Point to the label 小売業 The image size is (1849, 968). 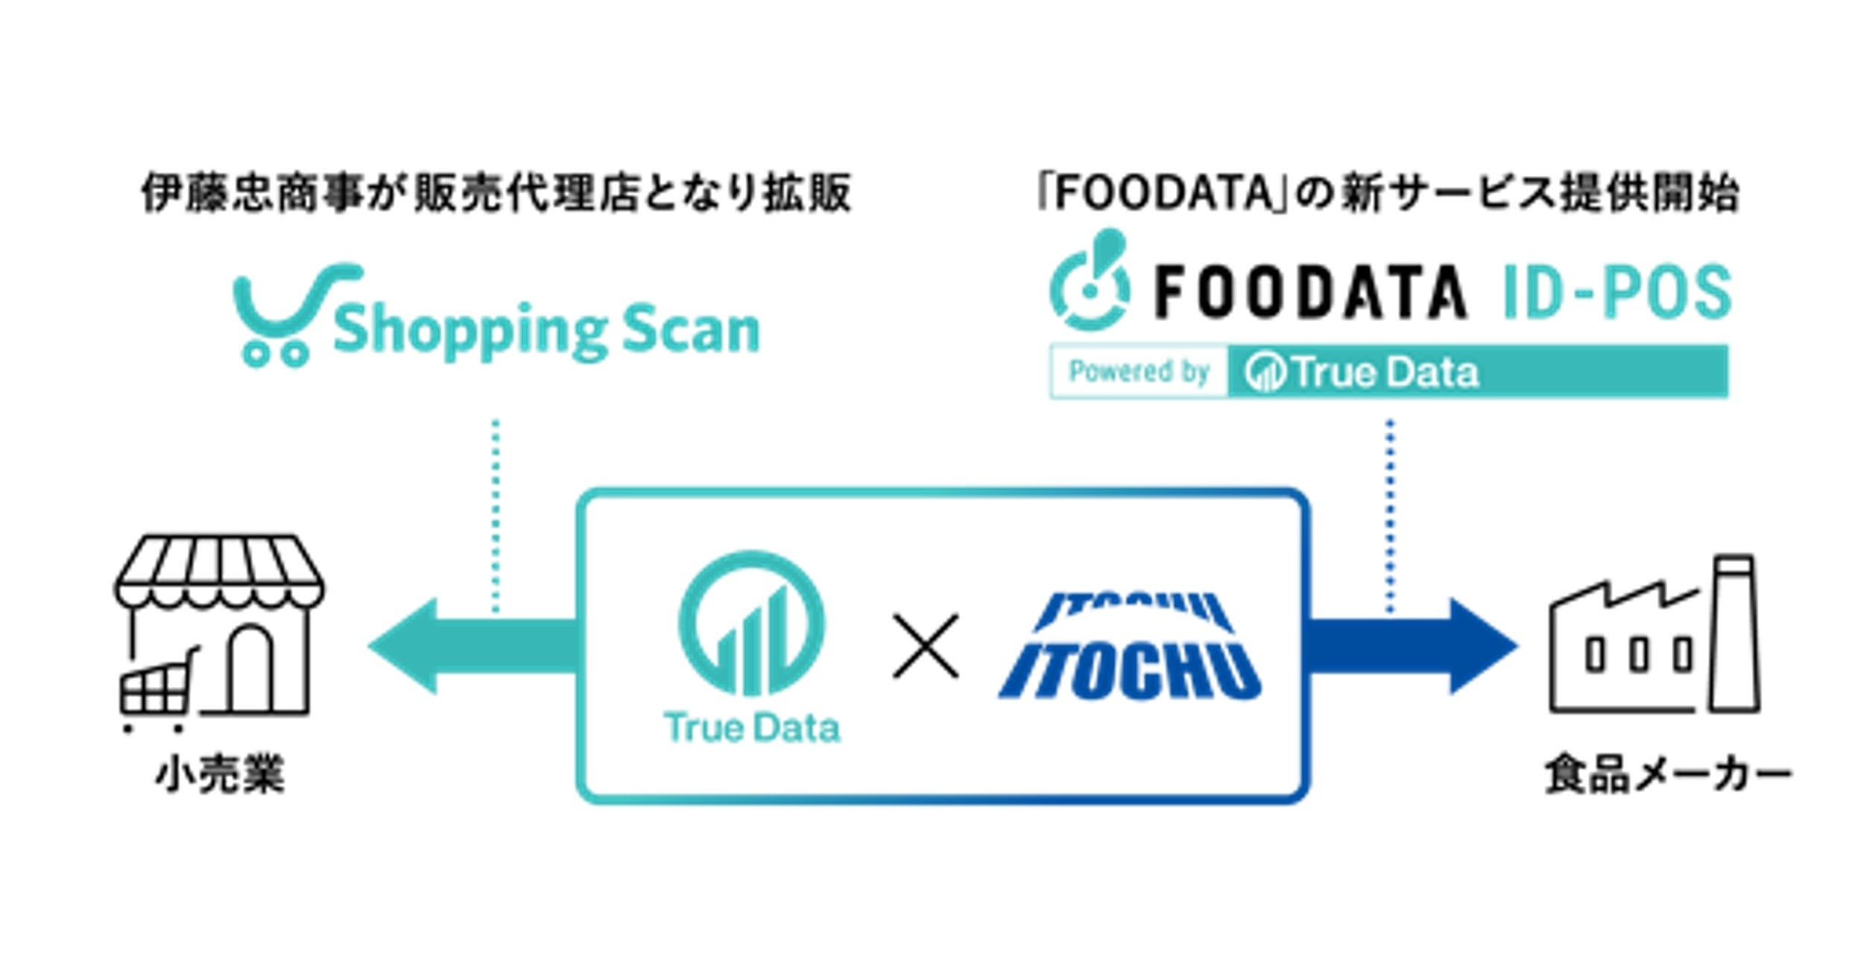tap(220, 775)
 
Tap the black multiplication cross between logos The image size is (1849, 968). tap(926, 646)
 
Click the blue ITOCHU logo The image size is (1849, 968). tap(1129, 648)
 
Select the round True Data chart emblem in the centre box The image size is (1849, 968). tap(751, 624)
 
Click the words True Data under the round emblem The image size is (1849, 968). tap(751, 728)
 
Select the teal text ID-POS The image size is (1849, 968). tap(1616, 293)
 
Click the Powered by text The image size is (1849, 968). tap(1139, 371)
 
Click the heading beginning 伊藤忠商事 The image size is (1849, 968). tap(496, 193)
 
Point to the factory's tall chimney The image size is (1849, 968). tap(1735, 633)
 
